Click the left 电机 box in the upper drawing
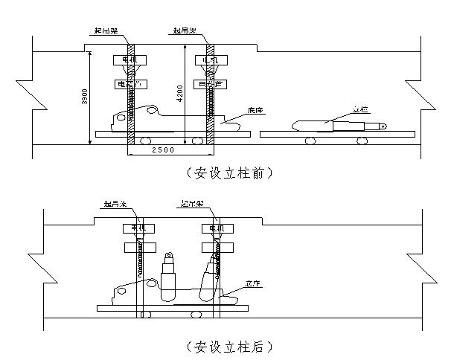[x=124, y=60]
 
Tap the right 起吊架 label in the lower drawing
[x=193, y=202]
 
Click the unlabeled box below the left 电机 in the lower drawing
[x=140, y=246]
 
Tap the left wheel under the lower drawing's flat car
[x=146, y=314]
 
